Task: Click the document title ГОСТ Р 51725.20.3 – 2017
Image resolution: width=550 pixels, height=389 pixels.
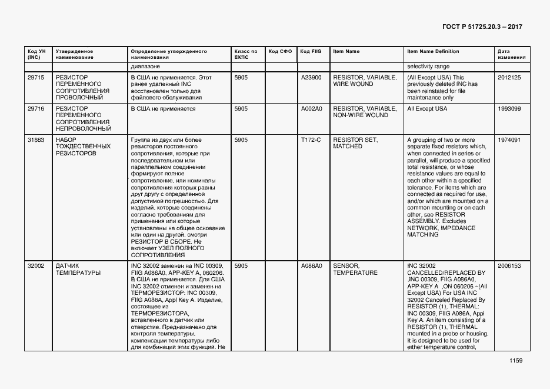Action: click(x=481, y=27)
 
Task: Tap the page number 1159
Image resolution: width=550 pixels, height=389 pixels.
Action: click(x=516, y=361)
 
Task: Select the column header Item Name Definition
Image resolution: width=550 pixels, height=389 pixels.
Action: click(x=433, y=51)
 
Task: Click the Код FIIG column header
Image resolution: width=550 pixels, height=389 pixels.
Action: click(x=311, y=51)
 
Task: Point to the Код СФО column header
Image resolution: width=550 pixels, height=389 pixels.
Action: click(x=280, y=51)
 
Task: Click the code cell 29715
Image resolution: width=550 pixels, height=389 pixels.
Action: click(x=36, y=78)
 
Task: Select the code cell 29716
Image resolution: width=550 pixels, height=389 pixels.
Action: click(x=36, y=109)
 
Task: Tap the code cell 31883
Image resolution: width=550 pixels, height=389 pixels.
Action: click(x=36, y=140)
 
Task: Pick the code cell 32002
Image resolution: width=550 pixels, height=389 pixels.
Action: click(x=36, y=266)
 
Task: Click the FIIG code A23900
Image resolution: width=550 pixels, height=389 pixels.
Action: click(x=311, y=78)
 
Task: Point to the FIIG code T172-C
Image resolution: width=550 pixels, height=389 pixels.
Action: click(x=311, y=140)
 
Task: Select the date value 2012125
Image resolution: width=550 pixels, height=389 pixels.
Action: click(x=509, y=78)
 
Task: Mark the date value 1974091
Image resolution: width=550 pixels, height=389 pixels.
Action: click(x=509, y=140)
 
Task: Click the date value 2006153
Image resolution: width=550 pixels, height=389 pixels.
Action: click(x=509, y=266)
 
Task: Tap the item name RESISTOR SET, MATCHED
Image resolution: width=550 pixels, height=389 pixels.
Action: click(x=355, y=143)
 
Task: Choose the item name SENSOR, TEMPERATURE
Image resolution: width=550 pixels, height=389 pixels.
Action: click(x=354, y=269)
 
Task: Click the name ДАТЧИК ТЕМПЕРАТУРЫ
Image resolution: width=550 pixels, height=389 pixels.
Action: click(x=78, y=269)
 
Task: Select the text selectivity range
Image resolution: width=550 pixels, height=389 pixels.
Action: click(x=428, y=67)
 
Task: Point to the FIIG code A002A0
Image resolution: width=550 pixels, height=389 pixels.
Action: click(x=311, y=109)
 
